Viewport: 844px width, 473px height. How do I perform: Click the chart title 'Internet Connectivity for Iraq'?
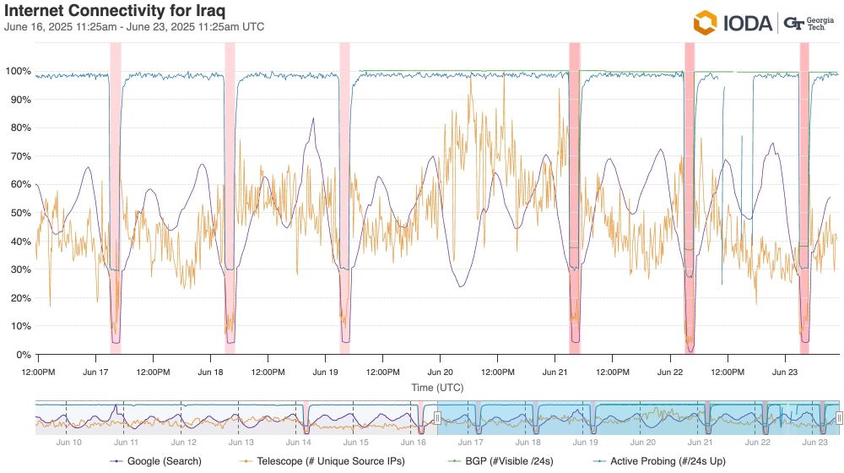click(x=115, y=11)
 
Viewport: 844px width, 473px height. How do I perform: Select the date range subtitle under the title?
click(x=134, y=27)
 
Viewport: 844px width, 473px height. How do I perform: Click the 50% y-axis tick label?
click(x=20, y=213)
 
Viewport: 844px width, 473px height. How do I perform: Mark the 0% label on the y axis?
click(x=23, y=355)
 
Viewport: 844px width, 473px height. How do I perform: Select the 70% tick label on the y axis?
click(x=20, y=156)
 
